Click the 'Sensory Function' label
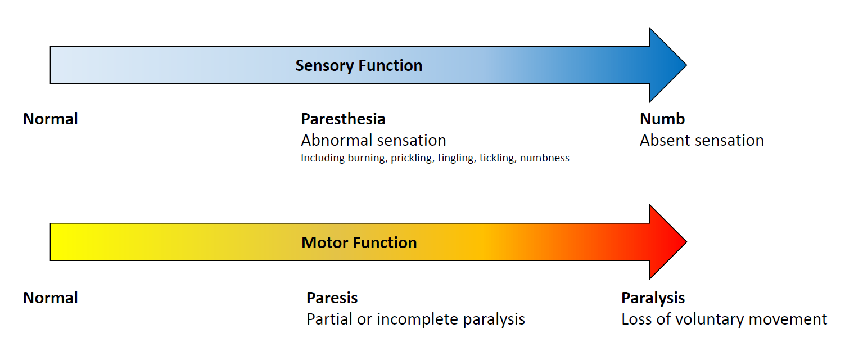tap(359, 66)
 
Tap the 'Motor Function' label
tap(359, 242)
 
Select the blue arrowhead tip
tap(686, 65)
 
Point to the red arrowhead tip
tap(686, 242)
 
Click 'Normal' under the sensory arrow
tap(51, 119)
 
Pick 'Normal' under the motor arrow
tap(51, 298)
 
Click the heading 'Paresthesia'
tap(343, 119)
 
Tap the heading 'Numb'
tap(662, 119)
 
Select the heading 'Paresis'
tap(332, 298)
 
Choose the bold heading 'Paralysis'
tap(653, 298)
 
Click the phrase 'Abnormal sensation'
tap(374, 140)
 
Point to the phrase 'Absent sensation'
tap(702, 140)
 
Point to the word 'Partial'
tap(329, 319)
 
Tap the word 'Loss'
tap(636, 319)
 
